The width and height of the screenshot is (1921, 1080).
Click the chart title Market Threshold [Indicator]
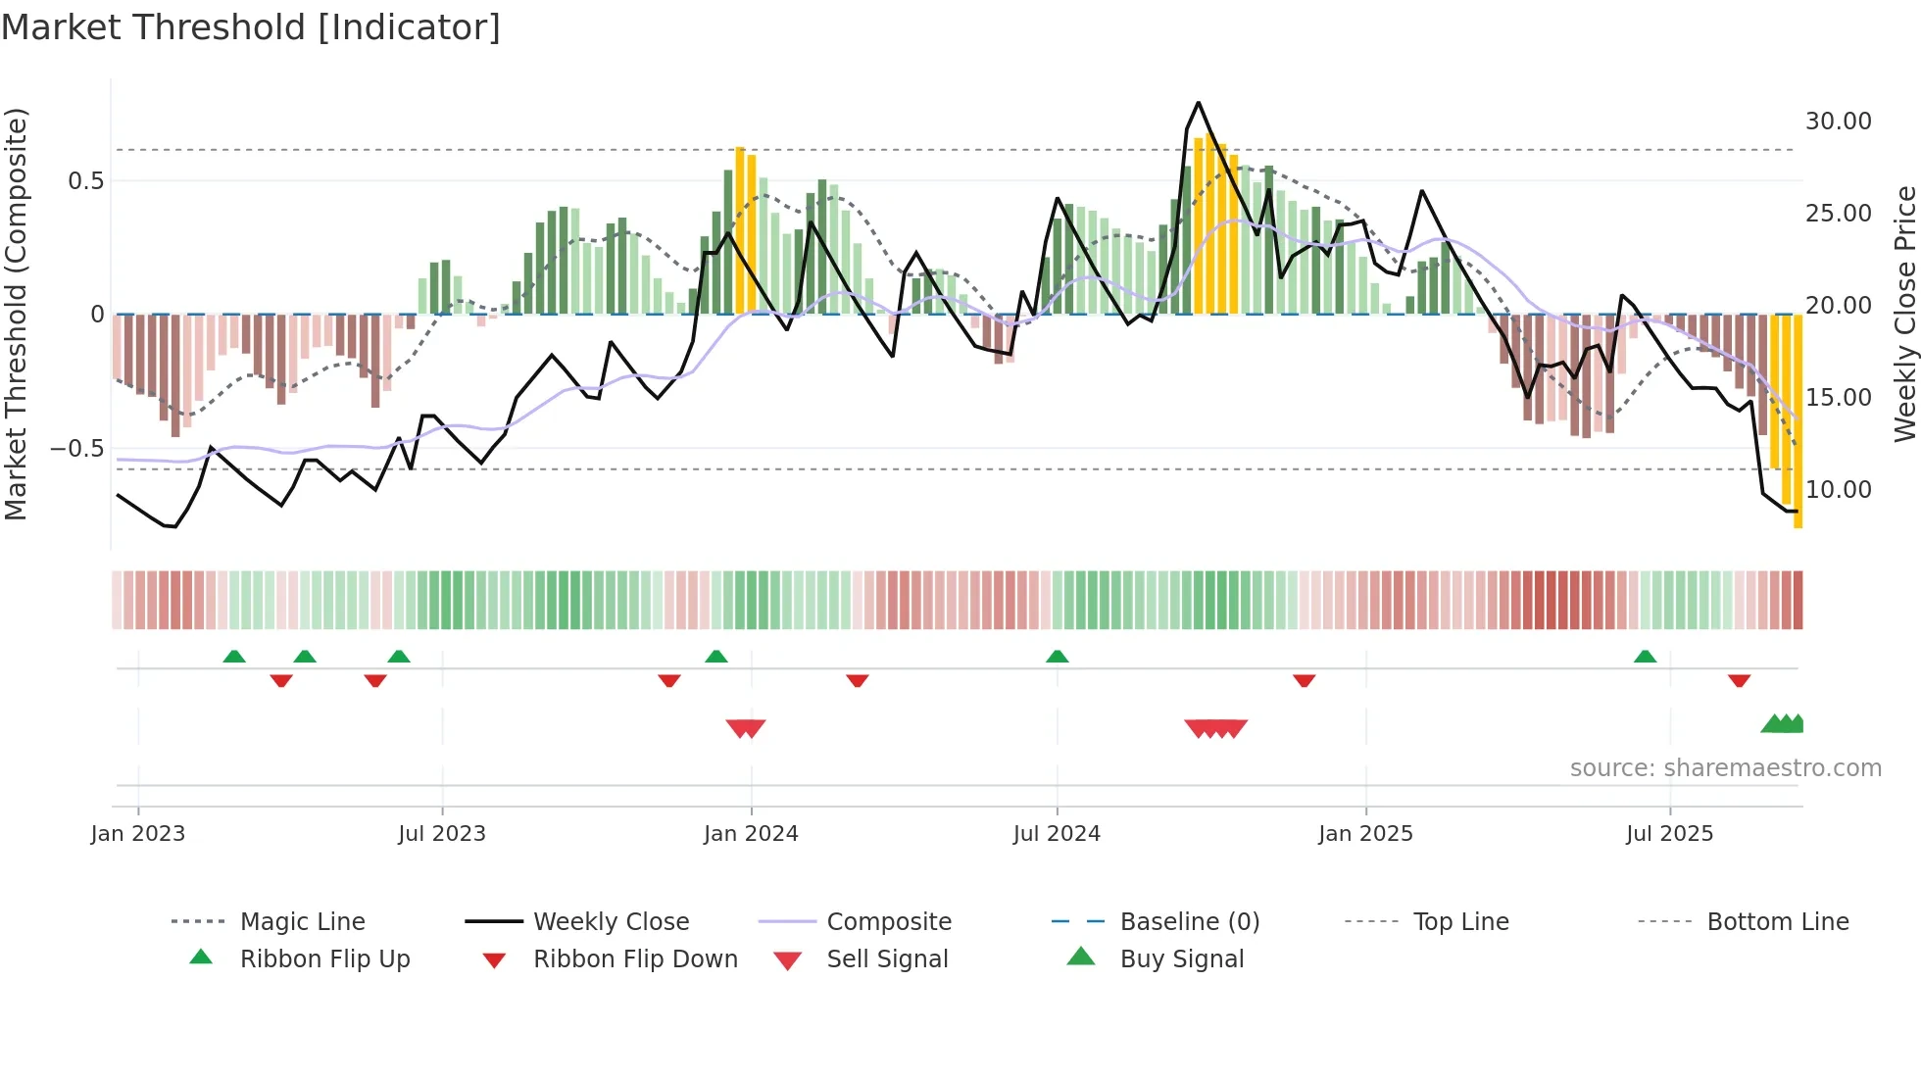click(x=251, y=27)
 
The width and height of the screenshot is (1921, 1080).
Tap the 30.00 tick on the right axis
click(x=1838, y=122)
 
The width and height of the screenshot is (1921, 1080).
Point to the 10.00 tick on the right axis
click(x=1838, y=490)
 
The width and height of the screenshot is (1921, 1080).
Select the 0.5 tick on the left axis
click(x=85, y=181)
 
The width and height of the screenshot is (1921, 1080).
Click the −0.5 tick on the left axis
click(x=76, y=449)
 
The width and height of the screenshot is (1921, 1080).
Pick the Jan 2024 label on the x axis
click(x=751, y=834)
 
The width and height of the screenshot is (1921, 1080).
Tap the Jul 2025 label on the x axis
click(x=1669, y=834)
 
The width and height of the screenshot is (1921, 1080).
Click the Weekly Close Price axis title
click(x=1904, y=314)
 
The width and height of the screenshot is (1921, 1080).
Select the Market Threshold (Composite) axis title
click(x=16, y=314)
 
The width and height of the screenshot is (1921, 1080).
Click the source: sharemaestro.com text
click(x=1725, y=768)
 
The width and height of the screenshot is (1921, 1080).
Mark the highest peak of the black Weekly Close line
click(x=1198, y=103)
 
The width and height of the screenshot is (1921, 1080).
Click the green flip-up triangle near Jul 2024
click(x=1057, y=657)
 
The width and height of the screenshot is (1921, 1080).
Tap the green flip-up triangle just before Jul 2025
click(x=1645, y=657)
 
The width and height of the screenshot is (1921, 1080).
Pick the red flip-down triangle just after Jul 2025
click(x=1739, y=680)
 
